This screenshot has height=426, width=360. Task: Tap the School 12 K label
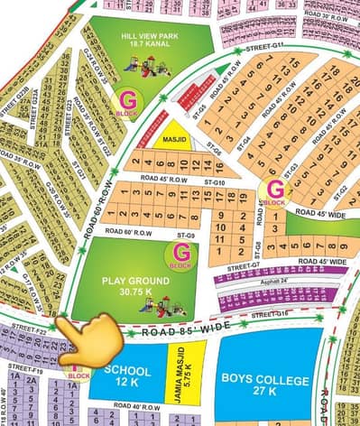[128, 376]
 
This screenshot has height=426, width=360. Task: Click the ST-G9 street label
[186, 236]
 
